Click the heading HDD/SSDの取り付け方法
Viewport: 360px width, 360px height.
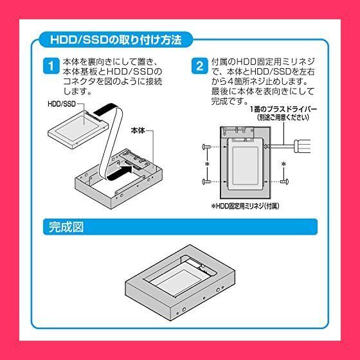click(116, 40)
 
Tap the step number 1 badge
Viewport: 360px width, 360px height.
click(51, 66)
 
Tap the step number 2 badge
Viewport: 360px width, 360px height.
click(199, 66)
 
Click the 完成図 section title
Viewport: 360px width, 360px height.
click(66, 227)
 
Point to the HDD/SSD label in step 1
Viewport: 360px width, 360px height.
click(62, 104)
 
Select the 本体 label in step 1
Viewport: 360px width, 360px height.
click(138, 130)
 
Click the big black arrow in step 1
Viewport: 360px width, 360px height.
click(120, 172)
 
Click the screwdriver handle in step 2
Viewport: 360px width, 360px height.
click(302, 146)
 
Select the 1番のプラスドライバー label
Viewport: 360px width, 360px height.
click(283, 109)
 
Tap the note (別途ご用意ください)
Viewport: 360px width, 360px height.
click(283, 118)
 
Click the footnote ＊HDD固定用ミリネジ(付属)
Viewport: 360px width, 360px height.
click(245, 206)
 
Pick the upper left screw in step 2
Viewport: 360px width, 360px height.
click(206, 147)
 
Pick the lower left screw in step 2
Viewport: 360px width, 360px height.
click(206, 182)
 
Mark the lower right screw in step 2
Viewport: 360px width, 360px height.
click(284, 181)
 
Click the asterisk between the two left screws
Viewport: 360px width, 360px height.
click(207, 164)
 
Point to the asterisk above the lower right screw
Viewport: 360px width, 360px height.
click(283, 164)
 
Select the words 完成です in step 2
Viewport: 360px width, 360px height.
click(229, 102)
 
